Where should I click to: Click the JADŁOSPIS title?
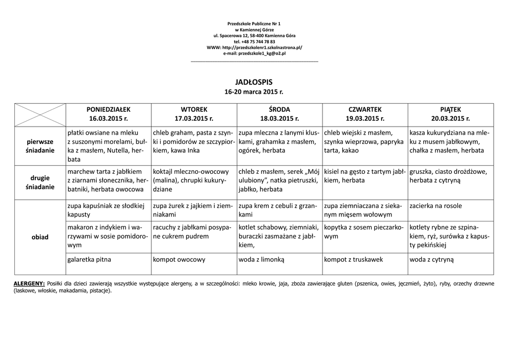tap(254, 82)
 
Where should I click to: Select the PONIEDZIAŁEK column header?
tap(108, 114)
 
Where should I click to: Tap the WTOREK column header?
tap(194, 114)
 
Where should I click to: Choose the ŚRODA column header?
tap(279, 114)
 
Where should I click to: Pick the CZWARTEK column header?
tap(365, 114)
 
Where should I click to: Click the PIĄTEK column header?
tap(450, 114)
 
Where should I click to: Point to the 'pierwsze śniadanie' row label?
tap(40, 146)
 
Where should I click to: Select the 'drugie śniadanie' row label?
tap(40, 182)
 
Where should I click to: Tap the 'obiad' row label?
tap(40, 237)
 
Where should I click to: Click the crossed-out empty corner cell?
tap(40, 115)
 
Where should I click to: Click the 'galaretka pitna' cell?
tap(89, 259)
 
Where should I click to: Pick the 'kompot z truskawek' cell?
tap(353, 259)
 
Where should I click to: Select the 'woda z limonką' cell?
tap(261, 259)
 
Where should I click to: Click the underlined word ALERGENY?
tap(29, 284)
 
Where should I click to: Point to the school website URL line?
tap(254, 47)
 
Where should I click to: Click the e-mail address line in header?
tap(254, 53)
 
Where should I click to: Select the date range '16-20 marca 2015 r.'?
tap(254, 92)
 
